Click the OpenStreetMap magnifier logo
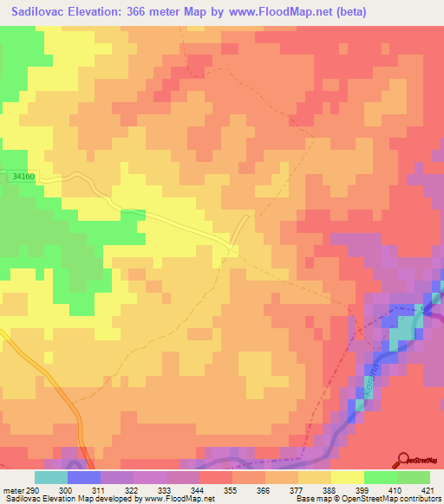coord(403,459)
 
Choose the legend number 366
coord(248,489)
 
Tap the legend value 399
coord(347,489)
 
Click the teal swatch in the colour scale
coord(51,477)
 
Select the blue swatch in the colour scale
coord(84,477)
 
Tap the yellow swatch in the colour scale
coord(348,477)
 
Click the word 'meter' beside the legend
coord(11,489)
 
